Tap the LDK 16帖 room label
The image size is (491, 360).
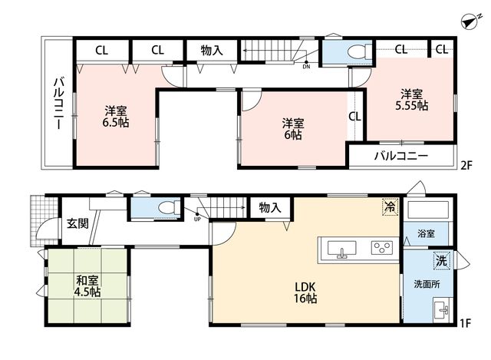(305, 292)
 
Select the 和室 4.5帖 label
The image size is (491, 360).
(87, 286)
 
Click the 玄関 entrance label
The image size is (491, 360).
(77, 223)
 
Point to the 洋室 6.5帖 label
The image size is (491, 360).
(116, 117)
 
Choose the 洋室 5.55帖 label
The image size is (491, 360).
(412, 100)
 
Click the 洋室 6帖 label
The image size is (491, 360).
(293, 129)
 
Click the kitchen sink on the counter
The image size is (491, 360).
(341, 249)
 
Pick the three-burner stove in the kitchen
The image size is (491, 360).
(382, 247)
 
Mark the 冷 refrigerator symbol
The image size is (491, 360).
(390, 206)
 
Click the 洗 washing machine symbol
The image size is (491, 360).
(442, 260)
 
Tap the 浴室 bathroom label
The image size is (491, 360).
(426, 233)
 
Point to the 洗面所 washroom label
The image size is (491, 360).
(427, 284)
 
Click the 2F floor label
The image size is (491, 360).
(466, 165)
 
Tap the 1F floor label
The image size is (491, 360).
(466, 323)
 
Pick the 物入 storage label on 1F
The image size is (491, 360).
(270, 207)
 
